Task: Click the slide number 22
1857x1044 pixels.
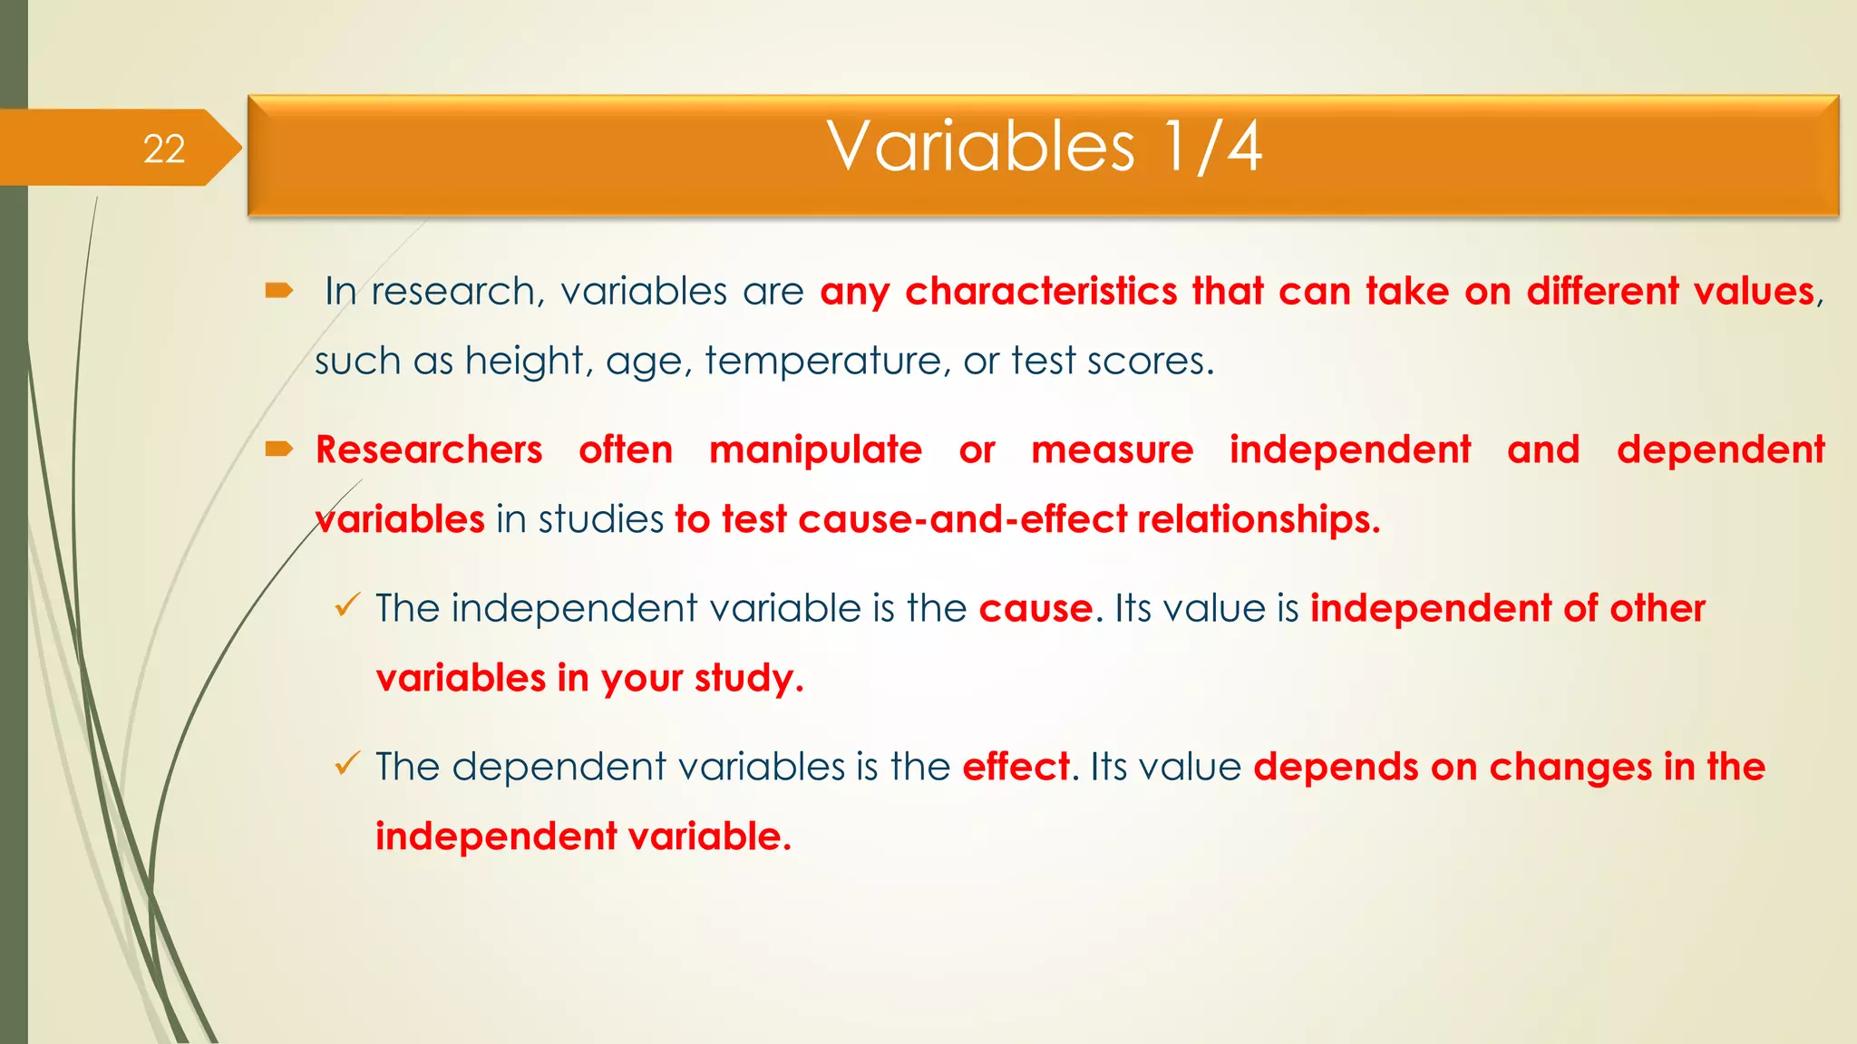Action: [x=164, y=149]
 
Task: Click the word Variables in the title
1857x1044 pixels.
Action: [x=980, y=147]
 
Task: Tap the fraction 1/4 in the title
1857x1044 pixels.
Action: [x=1213, y=147]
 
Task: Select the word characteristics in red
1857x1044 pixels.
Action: [x=1041, y=292]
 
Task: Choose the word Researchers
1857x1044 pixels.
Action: [x=429, y=450]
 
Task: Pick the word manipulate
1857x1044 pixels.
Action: [x=815, y=450]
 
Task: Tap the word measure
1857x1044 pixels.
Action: [x=1113, y=450]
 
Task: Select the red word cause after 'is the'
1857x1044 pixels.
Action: [x=1035, y=608]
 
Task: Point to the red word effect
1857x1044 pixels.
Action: [x=1016, y=767]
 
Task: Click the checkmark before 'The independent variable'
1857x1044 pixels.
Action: [x=347, y=604]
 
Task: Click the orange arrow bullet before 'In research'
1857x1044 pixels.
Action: [x=278, y=290]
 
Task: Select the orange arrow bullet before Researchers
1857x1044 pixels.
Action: [x=278, y=449]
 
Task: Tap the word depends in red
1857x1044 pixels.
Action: [x=1336, y=767]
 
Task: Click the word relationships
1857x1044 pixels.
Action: [x=1259, y=519]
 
